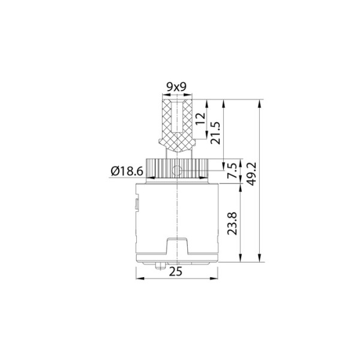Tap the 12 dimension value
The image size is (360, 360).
[202, 118]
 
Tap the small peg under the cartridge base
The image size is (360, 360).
[162, 266]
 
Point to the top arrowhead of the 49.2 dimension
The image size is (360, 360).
[260, 103]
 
